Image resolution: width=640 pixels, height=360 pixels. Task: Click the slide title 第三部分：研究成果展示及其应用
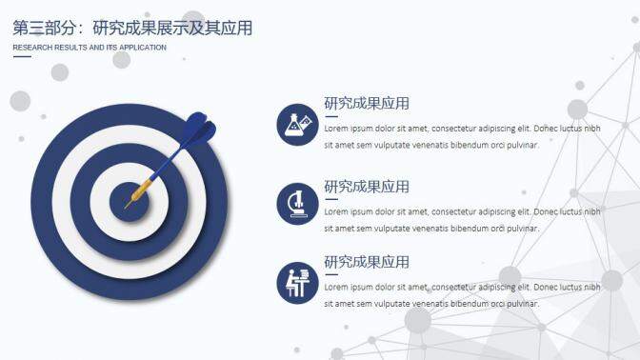[x=132, y=28]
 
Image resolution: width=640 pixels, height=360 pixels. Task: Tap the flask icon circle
[x=297, y=125]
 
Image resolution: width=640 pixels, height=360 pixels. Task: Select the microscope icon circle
[x=297, y=204]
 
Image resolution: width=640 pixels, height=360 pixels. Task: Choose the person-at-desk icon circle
[x=297, y=283]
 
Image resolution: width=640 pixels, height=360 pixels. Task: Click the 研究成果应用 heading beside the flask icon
[x=367, y=104]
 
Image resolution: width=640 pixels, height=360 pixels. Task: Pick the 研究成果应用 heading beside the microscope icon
[x=367, y=186]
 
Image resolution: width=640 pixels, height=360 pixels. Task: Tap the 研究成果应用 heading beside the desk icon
[x=367, y=262]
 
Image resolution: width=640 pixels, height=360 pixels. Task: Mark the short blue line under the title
[x=22, y=57]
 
